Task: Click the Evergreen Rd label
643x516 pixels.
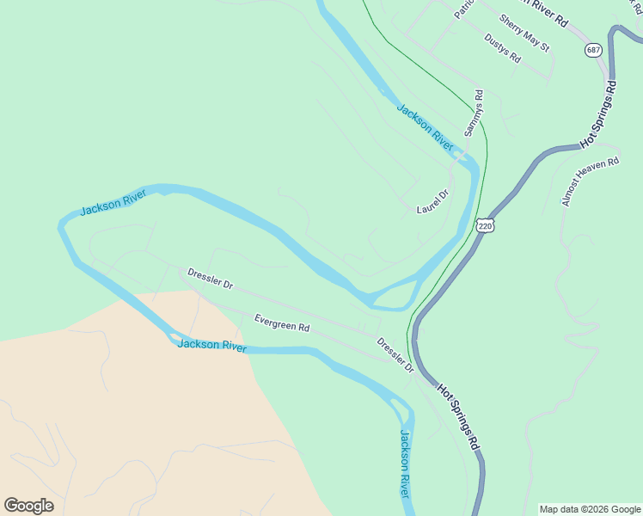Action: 282,324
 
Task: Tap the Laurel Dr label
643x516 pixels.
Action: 432,202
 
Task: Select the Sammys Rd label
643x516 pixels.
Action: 474,113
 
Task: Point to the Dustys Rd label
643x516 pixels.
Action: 503,48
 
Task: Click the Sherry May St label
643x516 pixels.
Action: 524,33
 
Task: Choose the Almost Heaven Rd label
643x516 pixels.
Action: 591,181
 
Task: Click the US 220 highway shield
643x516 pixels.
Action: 485,226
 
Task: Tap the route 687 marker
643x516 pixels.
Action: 594,50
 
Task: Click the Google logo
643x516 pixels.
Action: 28,506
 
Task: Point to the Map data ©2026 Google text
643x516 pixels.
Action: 591,509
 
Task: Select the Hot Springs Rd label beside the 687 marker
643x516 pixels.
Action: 600,114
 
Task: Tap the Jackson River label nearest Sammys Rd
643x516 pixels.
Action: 425,126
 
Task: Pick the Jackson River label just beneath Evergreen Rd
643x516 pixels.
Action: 211,346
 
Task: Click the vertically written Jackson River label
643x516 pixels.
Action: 404,462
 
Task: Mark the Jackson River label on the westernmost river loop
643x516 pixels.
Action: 113,204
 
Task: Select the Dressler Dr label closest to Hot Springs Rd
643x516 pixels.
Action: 395,354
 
